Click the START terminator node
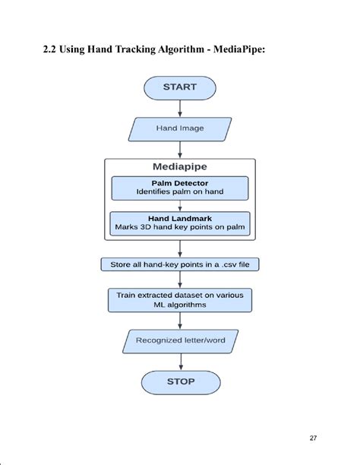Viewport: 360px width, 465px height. (180, 87)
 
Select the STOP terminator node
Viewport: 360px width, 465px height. (180, 381)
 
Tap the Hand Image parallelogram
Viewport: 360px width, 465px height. (180, 128)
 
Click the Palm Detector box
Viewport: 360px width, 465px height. (180, 188)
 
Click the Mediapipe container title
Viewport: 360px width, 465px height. (180, 167)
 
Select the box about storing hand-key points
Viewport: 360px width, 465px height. (180, 265)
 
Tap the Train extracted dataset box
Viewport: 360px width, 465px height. (180, 299)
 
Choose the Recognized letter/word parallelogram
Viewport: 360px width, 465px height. (180, 340)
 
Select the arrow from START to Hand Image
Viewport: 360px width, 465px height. (180, 108)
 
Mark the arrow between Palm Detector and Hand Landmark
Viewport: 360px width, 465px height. (180, 205)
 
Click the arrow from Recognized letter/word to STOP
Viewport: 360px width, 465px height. (180, 361)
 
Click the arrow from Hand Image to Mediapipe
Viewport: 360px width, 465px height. (180, 149)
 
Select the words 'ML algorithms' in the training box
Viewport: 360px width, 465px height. (180, 305)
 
